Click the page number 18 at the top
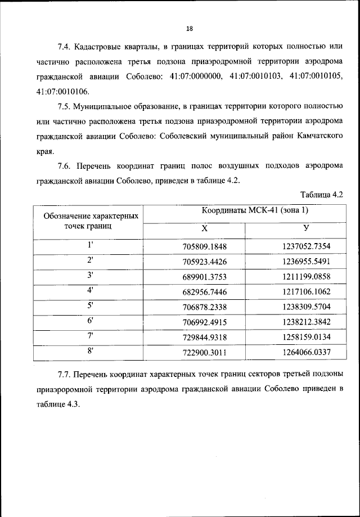189,29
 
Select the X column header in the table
205,228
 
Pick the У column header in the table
306,228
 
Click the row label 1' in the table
89,246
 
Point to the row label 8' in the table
89,351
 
